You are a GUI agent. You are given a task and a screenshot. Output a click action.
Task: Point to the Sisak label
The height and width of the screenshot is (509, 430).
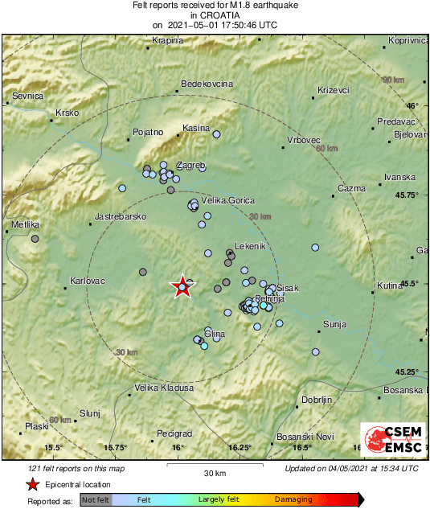287,288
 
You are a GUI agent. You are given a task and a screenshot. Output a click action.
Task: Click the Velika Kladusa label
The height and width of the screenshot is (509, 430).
164,388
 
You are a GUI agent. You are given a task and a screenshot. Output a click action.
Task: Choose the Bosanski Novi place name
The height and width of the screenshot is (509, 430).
305,436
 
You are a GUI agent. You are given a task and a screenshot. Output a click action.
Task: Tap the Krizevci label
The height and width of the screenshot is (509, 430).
334,90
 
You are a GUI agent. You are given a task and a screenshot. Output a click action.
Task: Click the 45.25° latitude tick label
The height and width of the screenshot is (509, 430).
410,371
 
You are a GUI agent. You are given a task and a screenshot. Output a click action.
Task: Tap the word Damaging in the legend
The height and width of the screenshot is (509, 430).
293,499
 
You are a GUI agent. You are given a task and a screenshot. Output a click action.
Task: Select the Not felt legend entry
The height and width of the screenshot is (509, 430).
96,499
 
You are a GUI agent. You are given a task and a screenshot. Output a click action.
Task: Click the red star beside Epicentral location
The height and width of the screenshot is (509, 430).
31,484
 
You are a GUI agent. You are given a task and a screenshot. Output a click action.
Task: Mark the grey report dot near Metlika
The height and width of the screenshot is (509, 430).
35,239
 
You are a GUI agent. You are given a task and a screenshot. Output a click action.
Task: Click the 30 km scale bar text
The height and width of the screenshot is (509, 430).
215,472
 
